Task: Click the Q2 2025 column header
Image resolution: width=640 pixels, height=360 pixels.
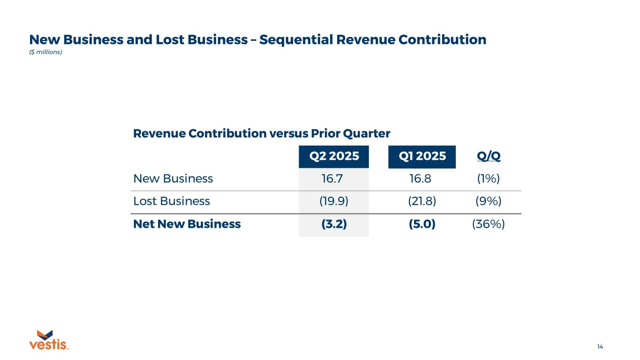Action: (x=334, y=157)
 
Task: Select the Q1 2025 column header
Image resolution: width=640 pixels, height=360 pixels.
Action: (x=422, y=157)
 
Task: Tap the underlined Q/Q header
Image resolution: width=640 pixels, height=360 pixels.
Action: (x=489, y=157)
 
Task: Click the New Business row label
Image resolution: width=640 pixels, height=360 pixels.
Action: (x=173, y=179)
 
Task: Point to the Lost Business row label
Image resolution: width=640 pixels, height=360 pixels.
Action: (x=172, y=202)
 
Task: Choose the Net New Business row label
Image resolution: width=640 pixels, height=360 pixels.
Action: (x=187, y=224)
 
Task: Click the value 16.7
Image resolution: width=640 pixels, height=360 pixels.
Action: (x=334, y=179)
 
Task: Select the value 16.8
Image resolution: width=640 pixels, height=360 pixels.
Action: (x=422, y=179)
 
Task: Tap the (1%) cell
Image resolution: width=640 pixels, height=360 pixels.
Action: (x=489, y=179)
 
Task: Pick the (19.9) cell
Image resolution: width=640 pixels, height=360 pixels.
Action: (x=334, y=202)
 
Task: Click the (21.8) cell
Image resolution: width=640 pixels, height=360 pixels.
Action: (x=422, y=202)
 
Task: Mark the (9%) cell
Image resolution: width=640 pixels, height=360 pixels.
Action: (x=489, y=202)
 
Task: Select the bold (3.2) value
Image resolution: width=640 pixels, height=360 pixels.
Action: (x=334, y=224)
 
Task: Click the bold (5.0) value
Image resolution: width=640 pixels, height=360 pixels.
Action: (x=422, y=224)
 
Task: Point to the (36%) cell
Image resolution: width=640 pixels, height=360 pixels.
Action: (x=489, y=224)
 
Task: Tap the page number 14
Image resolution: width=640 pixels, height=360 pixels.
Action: (x=600, y=347)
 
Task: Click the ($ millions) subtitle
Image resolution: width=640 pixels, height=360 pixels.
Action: (x=45, y=52)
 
